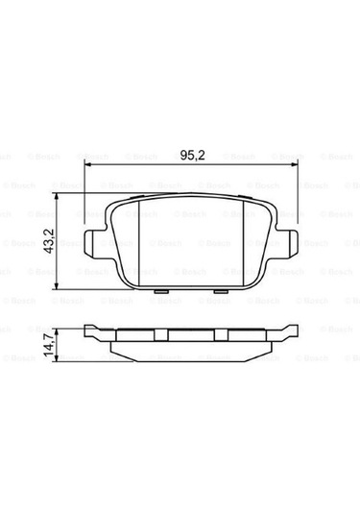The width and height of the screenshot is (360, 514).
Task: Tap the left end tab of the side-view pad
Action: tap(92, 333)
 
